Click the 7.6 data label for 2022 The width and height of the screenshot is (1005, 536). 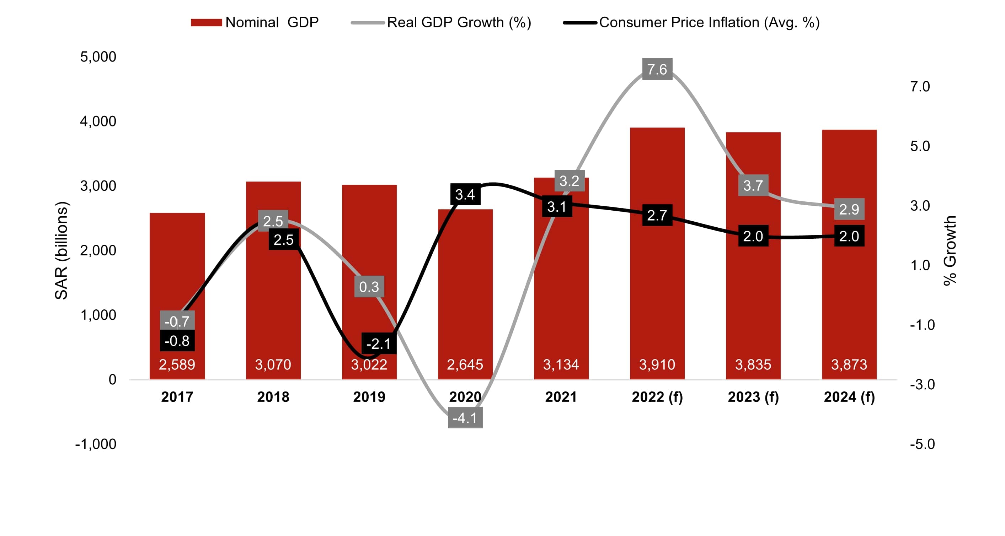click(x=657, y=69)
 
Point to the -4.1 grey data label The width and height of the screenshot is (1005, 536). click(x=465, y=417)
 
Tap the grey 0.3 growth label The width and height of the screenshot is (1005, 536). click(x=369, y=287)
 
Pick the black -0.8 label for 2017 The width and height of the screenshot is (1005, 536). click(x=177, y=341)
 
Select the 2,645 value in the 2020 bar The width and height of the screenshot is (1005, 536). click(x=465, y=364)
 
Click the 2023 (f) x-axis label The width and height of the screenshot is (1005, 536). click(x=753, y=397)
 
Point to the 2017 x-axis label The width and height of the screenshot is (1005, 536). click(x=177, y=397)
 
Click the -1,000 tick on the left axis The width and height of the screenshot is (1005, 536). click(x=96, y=444)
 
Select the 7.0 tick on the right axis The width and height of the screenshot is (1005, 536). click(x=920, y=87)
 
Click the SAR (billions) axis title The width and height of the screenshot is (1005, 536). click(x=61, y=250)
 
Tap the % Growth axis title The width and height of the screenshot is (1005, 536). click(x=950, y=250)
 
